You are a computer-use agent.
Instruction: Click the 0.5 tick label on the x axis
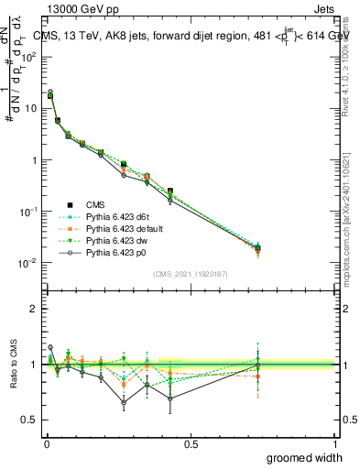(191, 444)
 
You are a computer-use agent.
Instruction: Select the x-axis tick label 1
(335, 444)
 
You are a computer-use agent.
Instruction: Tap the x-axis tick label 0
(46, 444)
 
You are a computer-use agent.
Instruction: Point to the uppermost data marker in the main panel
(50, 93)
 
